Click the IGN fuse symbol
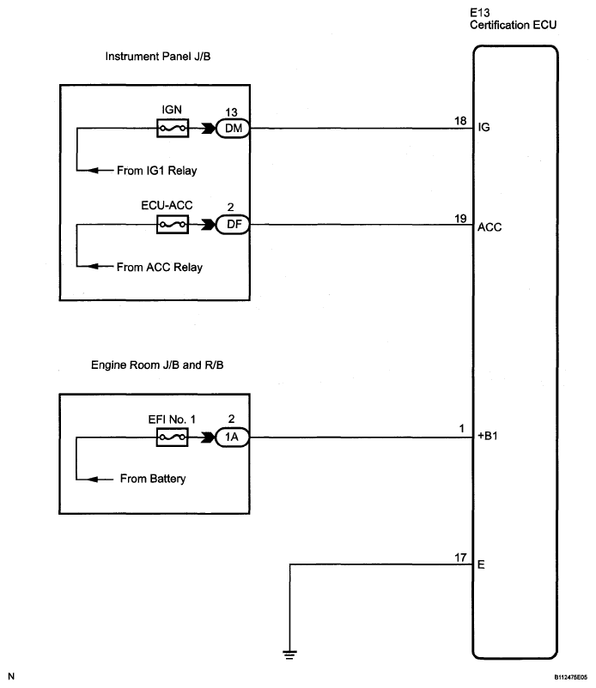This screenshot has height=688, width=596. coord(173,128)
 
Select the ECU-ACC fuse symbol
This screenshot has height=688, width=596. coord(173,225)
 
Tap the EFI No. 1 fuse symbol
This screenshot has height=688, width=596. coord(172,437)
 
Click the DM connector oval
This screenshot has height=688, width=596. coord(233,128)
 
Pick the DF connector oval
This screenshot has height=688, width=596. coord(233,225)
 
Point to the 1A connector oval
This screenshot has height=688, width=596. coord(233,437)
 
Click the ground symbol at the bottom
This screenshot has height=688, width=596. coord(290,655)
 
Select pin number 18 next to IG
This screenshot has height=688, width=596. coord(460,121)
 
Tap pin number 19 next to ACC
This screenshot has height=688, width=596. coord(460,219)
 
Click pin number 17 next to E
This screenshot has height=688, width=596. coord(460,558)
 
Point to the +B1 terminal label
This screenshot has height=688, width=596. coord(488,436)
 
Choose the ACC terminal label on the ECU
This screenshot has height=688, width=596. coord(490,226)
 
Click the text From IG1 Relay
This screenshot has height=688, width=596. coord(157,170)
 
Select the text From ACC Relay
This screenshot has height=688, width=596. coord(160,267)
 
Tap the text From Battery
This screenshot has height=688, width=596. coord(153,479)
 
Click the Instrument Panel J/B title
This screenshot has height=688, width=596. coord(158,56)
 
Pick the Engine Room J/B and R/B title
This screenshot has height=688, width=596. coord(157,365)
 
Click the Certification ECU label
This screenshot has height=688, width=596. coord(513,25)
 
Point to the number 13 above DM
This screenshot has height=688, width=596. coord(232,112)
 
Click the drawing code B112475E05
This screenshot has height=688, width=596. coord(570,678)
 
